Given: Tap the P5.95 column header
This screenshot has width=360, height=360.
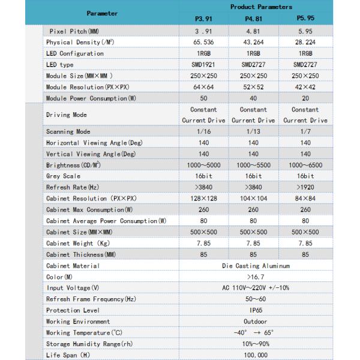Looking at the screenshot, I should click(305, 19).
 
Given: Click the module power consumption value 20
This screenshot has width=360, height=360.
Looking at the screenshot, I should click(305, 98).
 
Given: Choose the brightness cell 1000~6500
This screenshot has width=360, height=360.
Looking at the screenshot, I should click(305, 165).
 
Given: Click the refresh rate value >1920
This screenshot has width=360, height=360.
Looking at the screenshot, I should click(305, 187).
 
